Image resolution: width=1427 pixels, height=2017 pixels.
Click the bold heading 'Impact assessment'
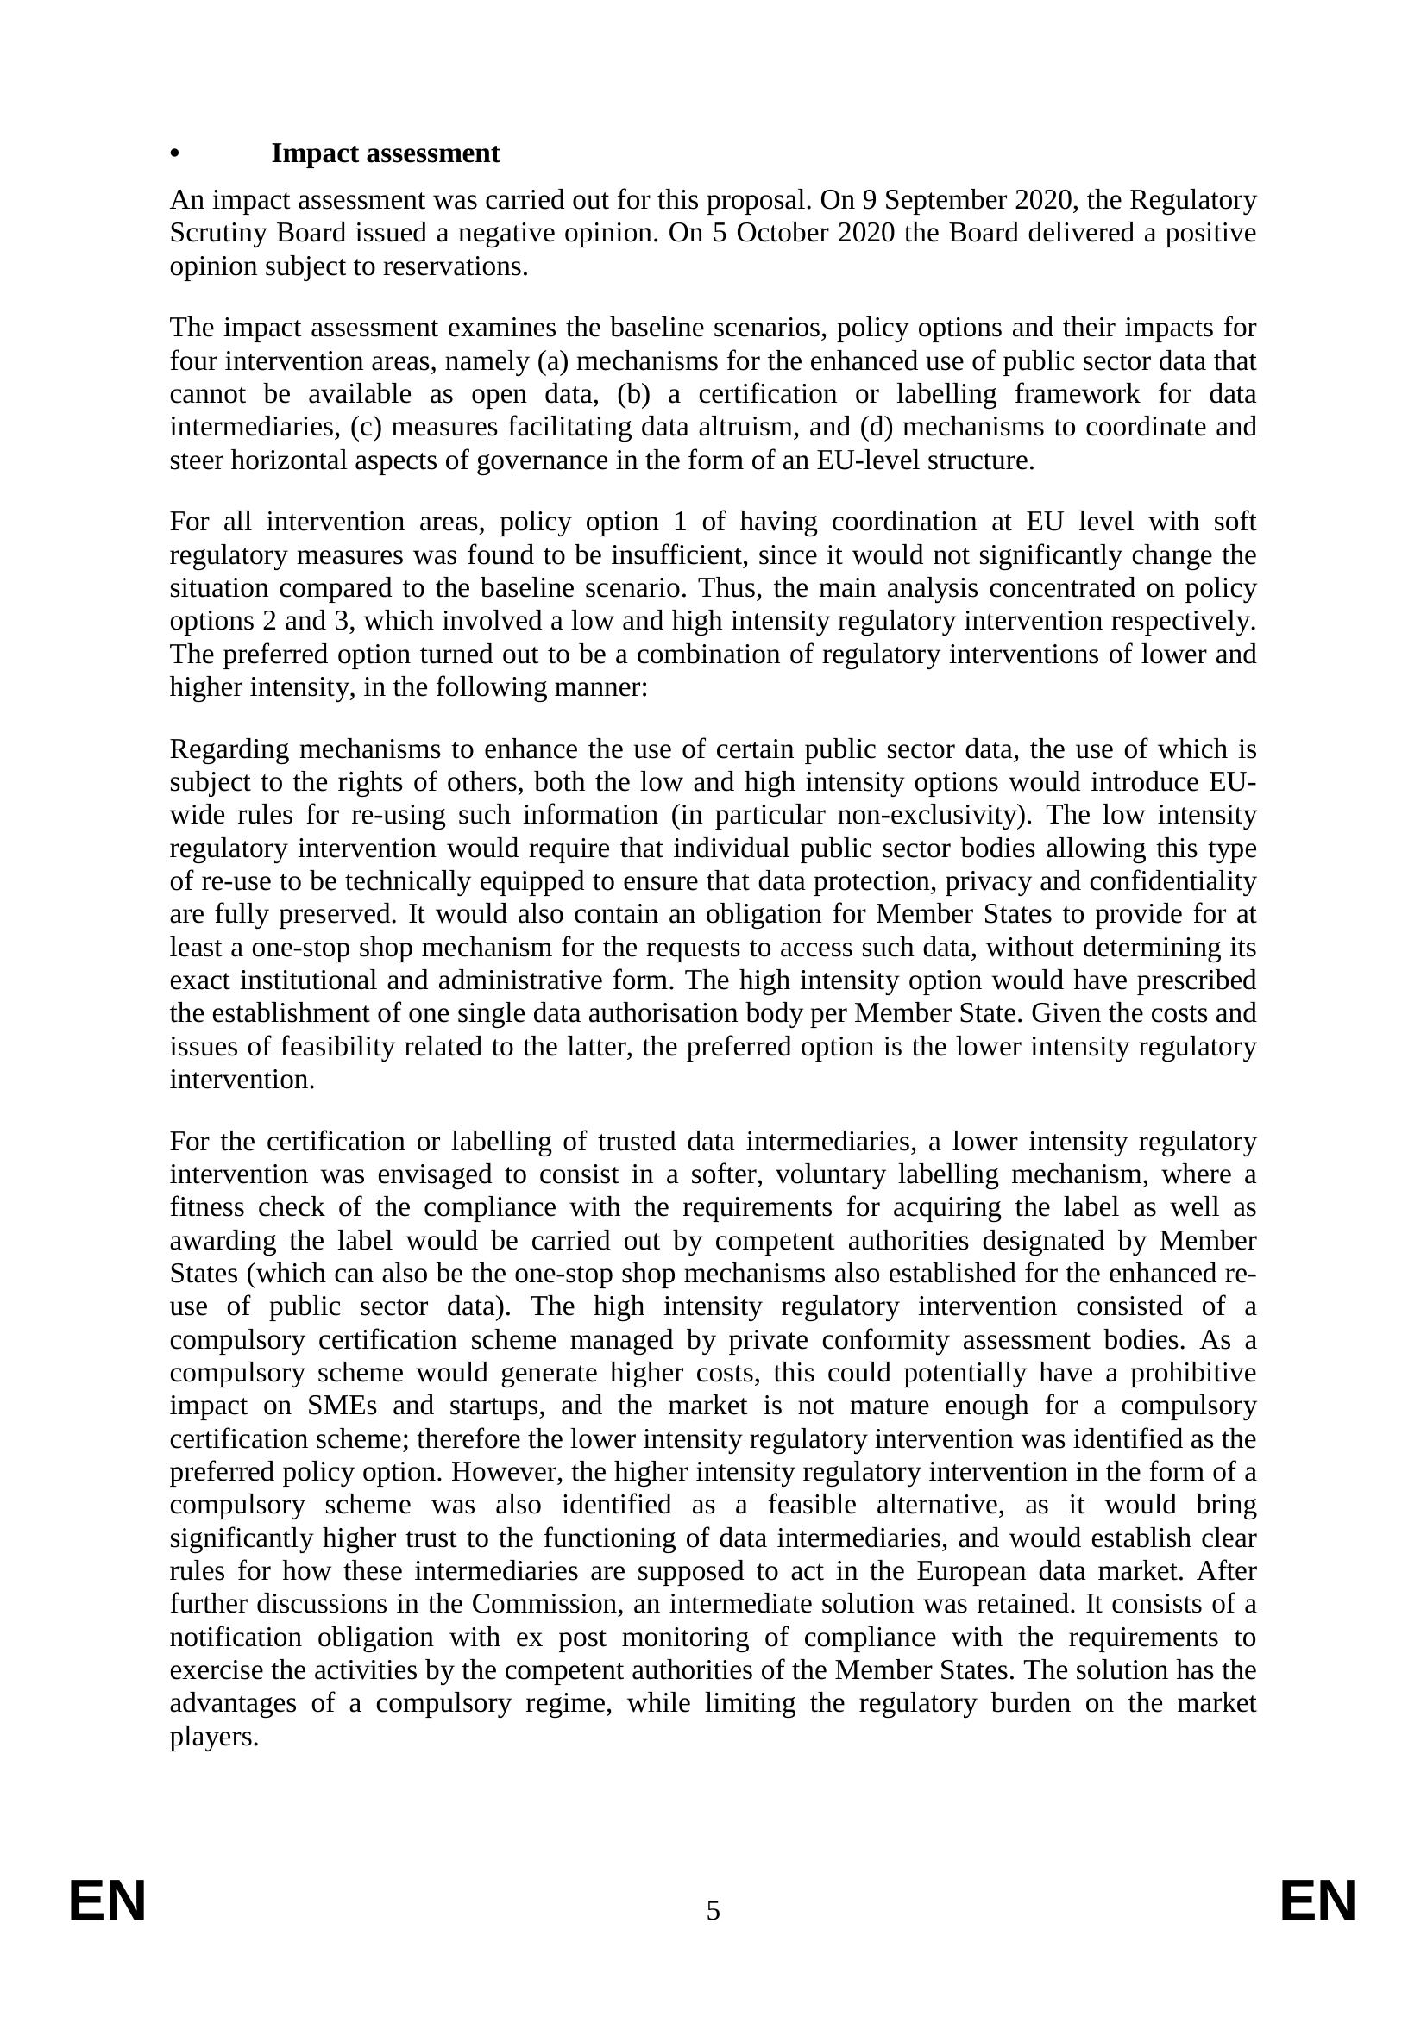click(385, 153)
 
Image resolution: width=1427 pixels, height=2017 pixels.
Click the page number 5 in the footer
click(713, 1910)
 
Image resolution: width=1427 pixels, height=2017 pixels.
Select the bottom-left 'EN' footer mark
click(107, 1902)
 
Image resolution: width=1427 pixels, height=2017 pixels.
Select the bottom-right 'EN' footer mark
click(1317, 1902)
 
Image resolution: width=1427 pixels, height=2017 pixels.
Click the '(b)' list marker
click(633, 394)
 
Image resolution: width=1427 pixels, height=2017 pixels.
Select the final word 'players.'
click(213, 1737)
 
